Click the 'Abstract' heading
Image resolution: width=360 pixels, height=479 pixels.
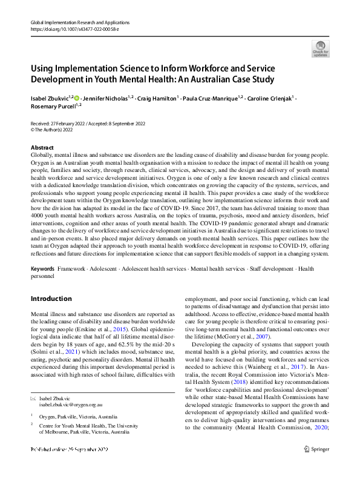point(42,148)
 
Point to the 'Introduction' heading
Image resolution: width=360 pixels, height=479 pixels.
point(51,299)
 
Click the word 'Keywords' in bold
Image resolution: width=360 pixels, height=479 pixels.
point(44,268)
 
